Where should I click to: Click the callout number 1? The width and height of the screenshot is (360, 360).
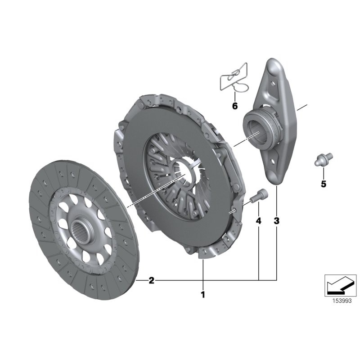pyautogui.click(x=202, y=295)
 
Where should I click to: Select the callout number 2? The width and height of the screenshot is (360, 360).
pyautogui.click(x=151, y=281)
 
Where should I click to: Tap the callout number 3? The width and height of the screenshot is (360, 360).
pyautogui.click(x=276, y=221)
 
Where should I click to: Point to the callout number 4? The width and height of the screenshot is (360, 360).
pyautogui.click(x=258, y=221)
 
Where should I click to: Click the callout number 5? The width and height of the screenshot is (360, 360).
pyautogui.click(x=323, y=184)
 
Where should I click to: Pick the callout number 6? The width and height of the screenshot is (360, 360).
pyautogui.click(x=234, y=106)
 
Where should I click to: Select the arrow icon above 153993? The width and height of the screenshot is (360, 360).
pyautogui.click(x=341, y=285)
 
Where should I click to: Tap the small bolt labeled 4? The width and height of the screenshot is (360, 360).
pyautogui.click(x=257, y=196)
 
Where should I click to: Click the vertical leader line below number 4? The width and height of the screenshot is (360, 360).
pyautogui.click(x=259, y=252)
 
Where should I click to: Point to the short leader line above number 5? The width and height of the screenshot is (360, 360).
pyautogui.click(x=323, y=172)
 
